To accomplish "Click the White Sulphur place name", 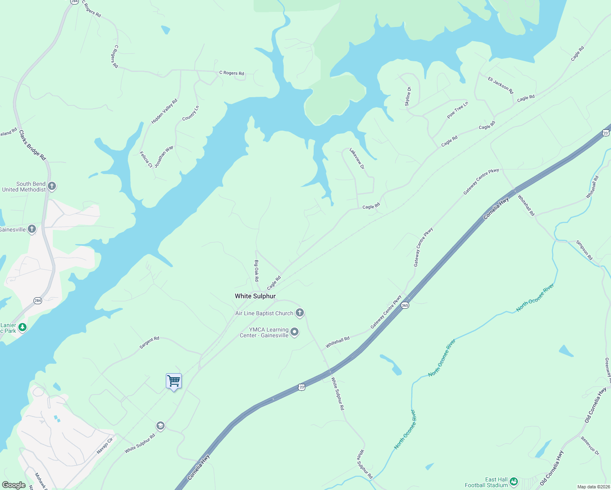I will coord(255,296).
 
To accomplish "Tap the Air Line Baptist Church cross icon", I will coord(300,313).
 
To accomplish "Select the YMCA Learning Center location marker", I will coord(294,332).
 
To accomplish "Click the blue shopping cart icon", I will coord(174,381).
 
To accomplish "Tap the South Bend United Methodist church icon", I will coord(52,187).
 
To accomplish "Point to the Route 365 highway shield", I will coord(405,305).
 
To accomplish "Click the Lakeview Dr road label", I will coord(357,159).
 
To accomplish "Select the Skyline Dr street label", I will coord(408,97).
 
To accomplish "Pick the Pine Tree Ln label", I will coord(457,110).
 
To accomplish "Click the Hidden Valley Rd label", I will coord(165,111).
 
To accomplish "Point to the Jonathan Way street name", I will coord(164,156).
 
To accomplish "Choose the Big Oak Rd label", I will coord(256,271).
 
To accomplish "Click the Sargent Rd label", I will coord(149,343).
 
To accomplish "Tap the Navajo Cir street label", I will coord(105,445).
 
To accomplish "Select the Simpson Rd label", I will coord(584,250).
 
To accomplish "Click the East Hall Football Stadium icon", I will coord(514,482).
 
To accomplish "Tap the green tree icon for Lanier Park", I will coord(22,327).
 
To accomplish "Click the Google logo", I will coord(14,485).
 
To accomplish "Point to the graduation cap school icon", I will coord(161,426).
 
